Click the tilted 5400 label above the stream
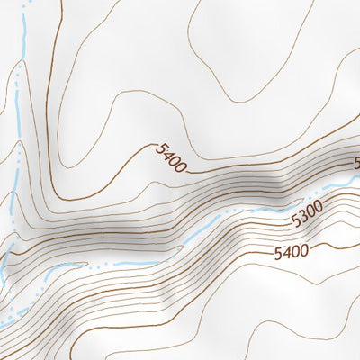(x=170, y=157)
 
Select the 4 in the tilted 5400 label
(x=166, y=156)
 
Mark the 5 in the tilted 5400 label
(x=159, y=149)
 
